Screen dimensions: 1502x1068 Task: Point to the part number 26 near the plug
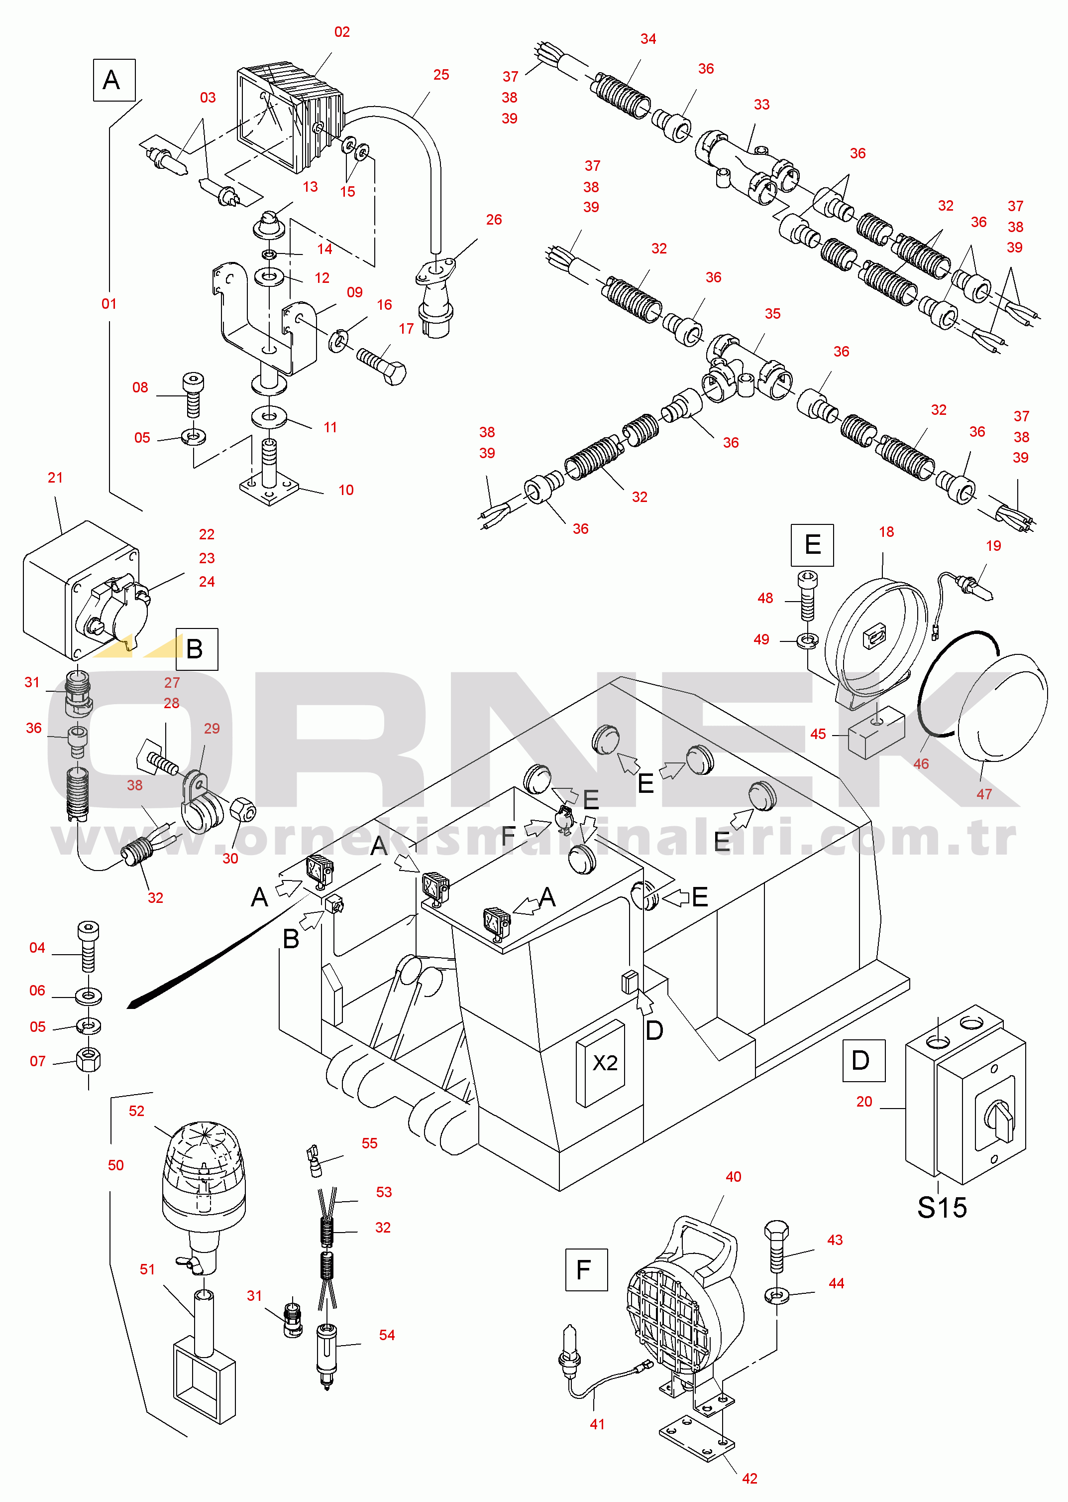(494, 220)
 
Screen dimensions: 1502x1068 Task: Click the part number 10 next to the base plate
(346, 490)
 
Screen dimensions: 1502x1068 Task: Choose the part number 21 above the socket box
(55, 478)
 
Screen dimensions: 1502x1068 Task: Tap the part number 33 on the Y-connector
(761, 105)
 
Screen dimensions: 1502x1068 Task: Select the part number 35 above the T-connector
(773, 314)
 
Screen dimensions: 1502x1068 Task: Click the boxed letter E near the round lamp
(812, 545)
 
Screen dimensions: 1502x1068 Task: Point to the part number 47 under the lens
(984, 794)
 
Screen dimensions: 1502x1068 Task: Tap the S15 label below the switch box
(942, 1208)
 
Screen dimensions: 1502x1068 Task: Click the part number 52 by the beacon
(136, 1111)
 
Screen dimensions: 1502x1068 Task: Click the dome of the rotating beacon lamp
(204, 1151)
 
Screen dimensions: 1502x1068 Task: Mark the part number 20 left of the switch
(864, 1101)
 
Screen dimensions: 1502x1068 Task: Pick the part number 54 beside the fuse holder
(387, 1335)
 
